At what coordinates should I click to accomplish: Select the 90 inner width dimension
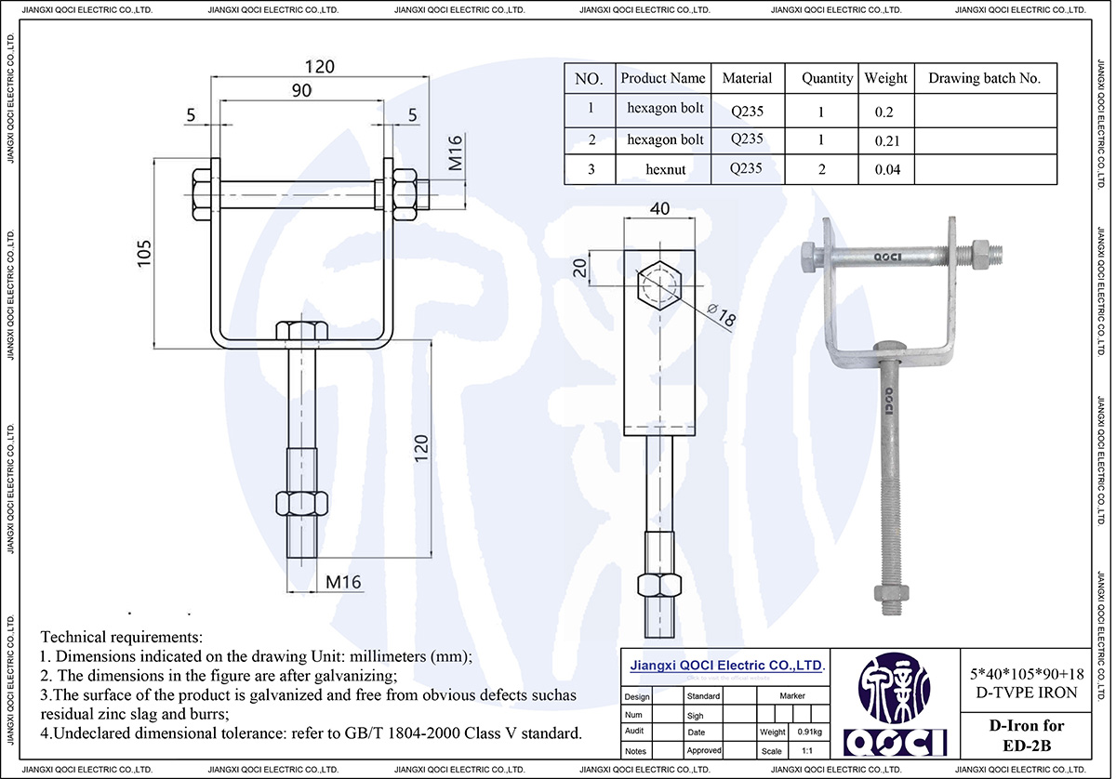pos(302,90)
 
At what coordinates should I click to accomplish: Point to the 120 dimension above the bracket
pos(320,67)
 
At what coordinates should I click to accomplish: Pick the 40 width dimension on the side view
pos(658,209)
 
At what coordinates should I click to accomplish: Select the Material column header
pos(747,78)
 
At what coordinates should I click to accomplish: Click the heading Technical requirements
pos(121,638)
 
